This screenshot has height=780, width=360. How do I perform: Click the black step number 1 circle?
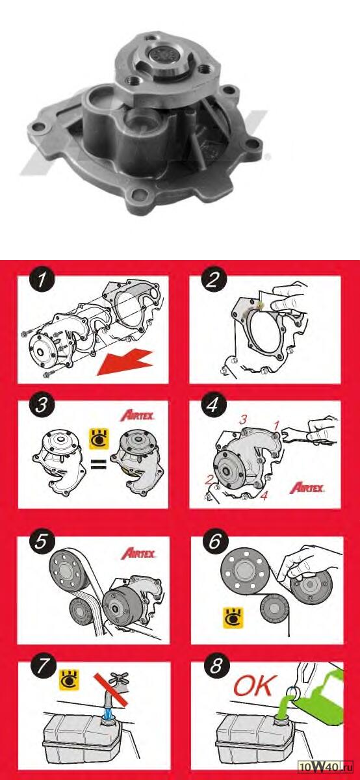[x=42, y=280]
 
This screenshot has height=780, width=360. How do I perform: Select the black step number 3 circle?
[x=42, y=404]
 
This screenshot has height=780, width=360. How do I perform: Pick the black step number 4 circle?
[x=213, y=404]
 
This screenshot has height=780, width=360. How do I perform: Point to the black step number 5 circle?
[x=41, y=541]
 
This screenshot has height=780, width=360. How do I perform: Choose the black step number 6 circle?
[x=215, y=541]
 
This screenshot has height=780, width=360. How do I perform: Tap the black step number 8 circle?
[x=216, y=666]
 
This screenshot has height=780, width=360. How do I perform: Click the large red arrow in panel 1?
[x=125, y=363]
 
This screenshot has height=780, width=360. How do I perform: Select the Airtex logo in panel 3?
[x=137, y=415]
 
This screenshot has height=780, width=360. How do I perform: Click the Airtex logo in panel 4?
[x=307, y=487]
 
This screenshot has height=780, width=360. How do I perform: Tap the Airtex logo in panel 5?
[x=138, y=553]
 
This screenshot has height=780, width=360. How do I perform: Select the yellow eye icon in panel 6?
[x=233, y=618]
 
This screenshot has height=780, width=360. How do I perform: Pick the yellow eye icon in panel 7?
[x=70, y=680]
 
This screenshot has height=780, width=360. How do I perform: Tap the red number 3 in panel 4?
[x=243, y=420]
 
